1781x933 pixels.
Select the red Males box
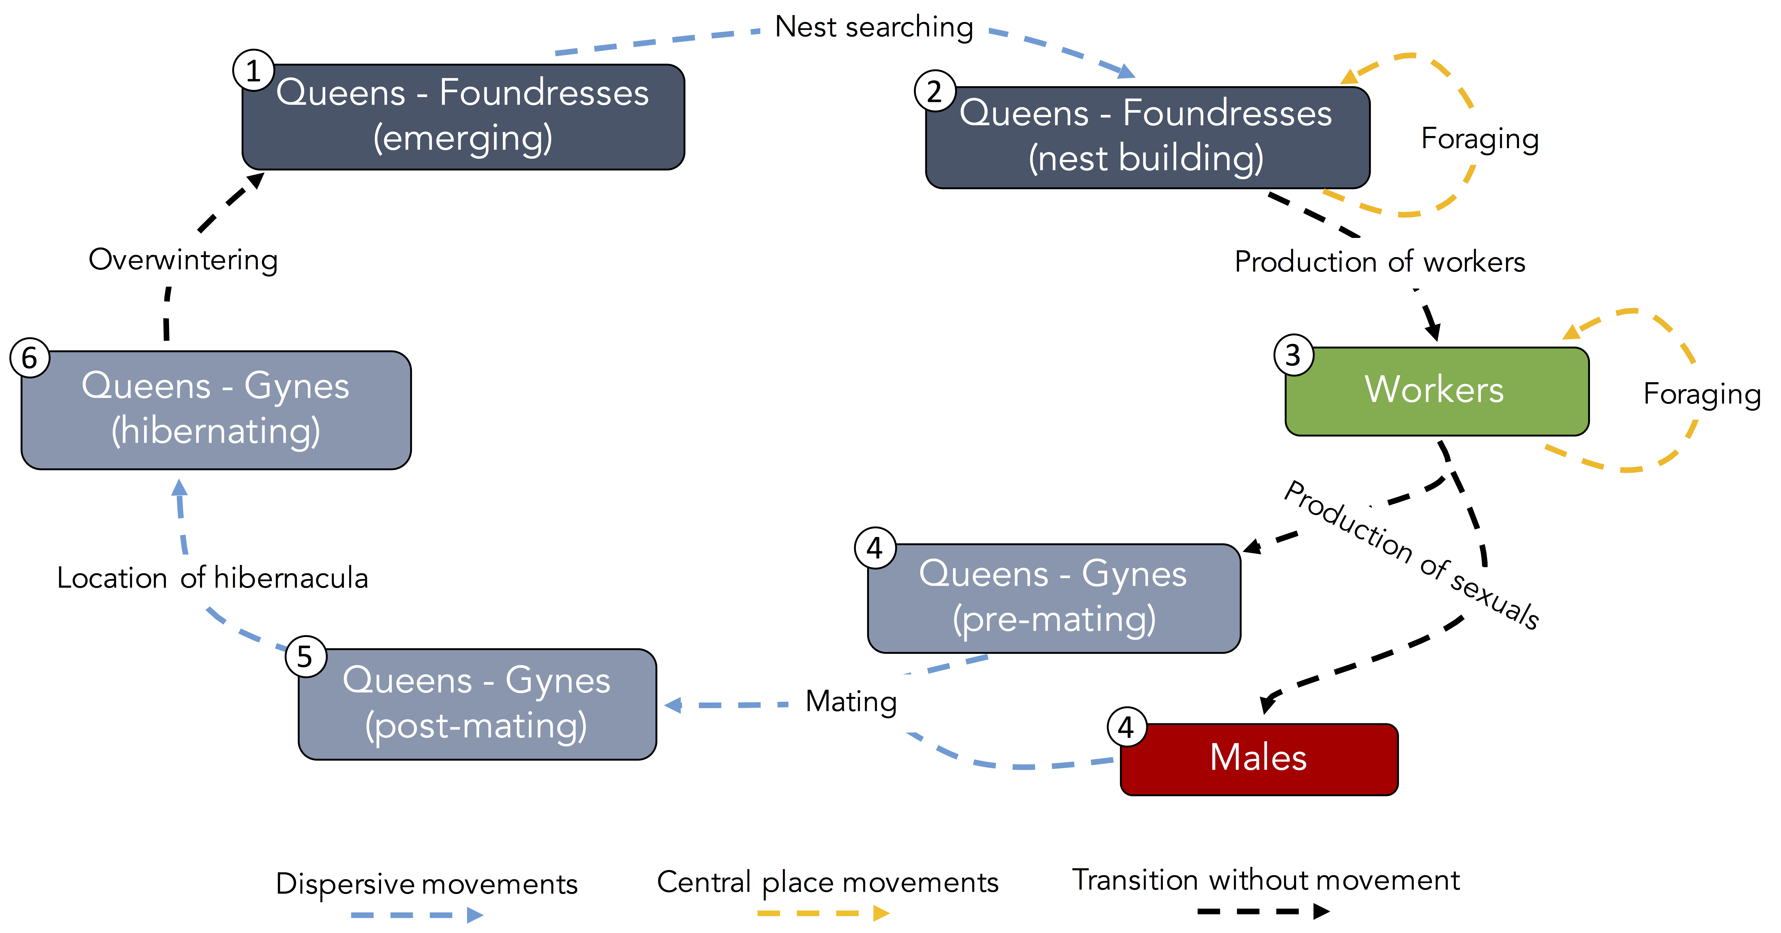tap(1258, 759)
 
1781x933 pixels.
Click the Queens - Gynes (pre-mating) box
tap(1054, 598)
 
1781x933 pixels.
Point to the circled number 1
tap(253, 71)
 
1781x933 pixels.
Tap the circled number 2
tap(935, 91)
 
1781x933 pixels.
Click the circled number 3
tap(1293, 355)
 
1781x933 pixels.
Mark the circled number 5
tap(305, 656)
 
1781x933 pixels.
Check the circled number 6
tap(29, 357)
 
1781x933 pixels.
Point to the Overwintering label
tap(183, 260)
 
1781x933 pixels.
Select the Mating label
tap(851, 701)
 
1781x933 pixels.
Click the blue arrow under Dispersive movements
tap(417, 915)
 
